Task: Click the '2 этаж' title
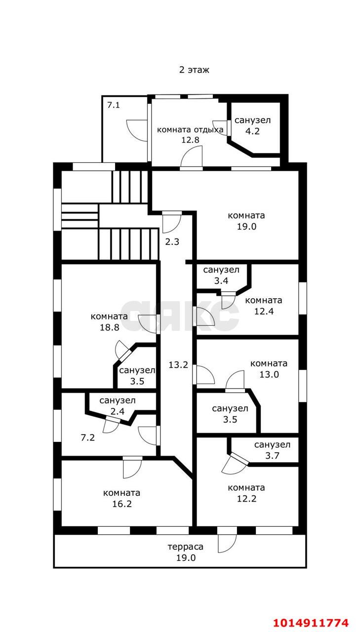coord(194,70)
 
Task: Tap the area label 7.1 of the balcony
coord(113,105)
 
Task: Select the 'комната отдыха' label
coord(190,130)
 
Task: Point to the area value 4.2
coord(252,131)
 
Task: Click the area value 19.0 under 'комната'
coord(246,226)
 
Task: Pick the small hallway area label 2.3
coord(172,242)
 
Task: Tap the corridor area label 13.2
coord(178,365)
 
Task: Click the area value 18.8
coord(109,327)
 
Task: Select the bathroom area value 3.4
coord(221,281)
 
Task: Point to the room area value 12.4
coord(264,311)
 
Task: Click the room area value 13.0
coord(269,374)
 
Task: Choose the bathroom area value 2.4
coord(118,411)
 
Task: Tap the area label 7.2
coord(88,437)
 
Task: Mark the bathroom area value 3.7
coord(272,456)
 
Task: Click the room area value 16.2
coord(122,504)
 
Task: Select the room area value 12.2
coord(246,499)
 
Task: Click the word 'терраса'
coord(186,547)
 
